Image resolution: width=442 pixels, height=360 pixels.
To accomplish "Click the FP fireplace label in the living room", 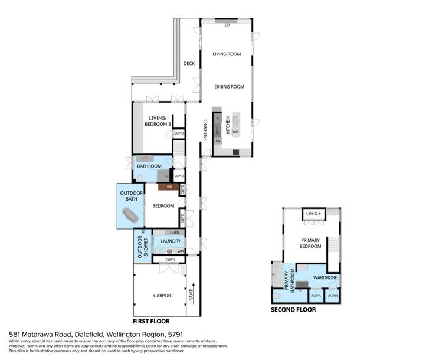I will tap(227, 25).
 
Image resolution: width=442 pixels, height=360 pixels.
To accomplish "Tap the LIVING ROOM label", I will tap(227, 54).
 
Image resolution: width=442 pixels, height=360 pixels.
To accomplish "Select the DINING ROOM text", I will tap(229, 87).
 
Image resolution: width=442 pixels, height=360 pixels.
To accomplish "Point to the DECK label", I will tap(189, 64).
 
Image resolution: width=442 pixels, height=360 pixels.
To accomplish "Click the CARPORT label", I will tap(163, 296).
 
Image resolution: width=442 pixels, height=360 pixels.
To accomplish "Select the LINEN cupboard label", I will tap(175, 233).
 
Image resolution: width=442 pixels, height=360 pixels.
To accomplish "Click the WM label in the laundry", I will tap(180, 251).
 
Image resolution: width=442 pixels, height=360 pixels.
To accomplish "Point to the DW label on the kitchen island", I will tap(235, 132).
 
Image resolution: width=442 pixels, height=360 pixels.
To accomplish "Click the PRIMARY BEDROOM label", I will tap(311, 243).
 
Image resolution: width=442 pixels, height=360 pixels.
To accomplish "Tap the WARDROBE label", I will tap(324, 276).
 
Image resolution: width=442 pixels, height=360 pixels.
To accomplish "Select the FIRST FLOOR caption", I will tap(152, 321).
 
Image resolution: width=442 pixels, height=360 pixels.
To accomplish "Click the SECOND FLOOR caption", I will tap(293, 309).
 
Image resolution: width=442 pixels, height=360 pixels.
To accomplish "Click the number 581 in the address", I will tap(14, 334).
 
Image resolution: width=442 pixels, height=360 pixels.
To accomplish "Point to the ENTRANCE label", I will tap(206, 129).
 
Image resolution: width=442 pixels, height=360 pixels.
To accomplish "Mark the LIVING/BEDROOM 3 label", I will tap(158, 121).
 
